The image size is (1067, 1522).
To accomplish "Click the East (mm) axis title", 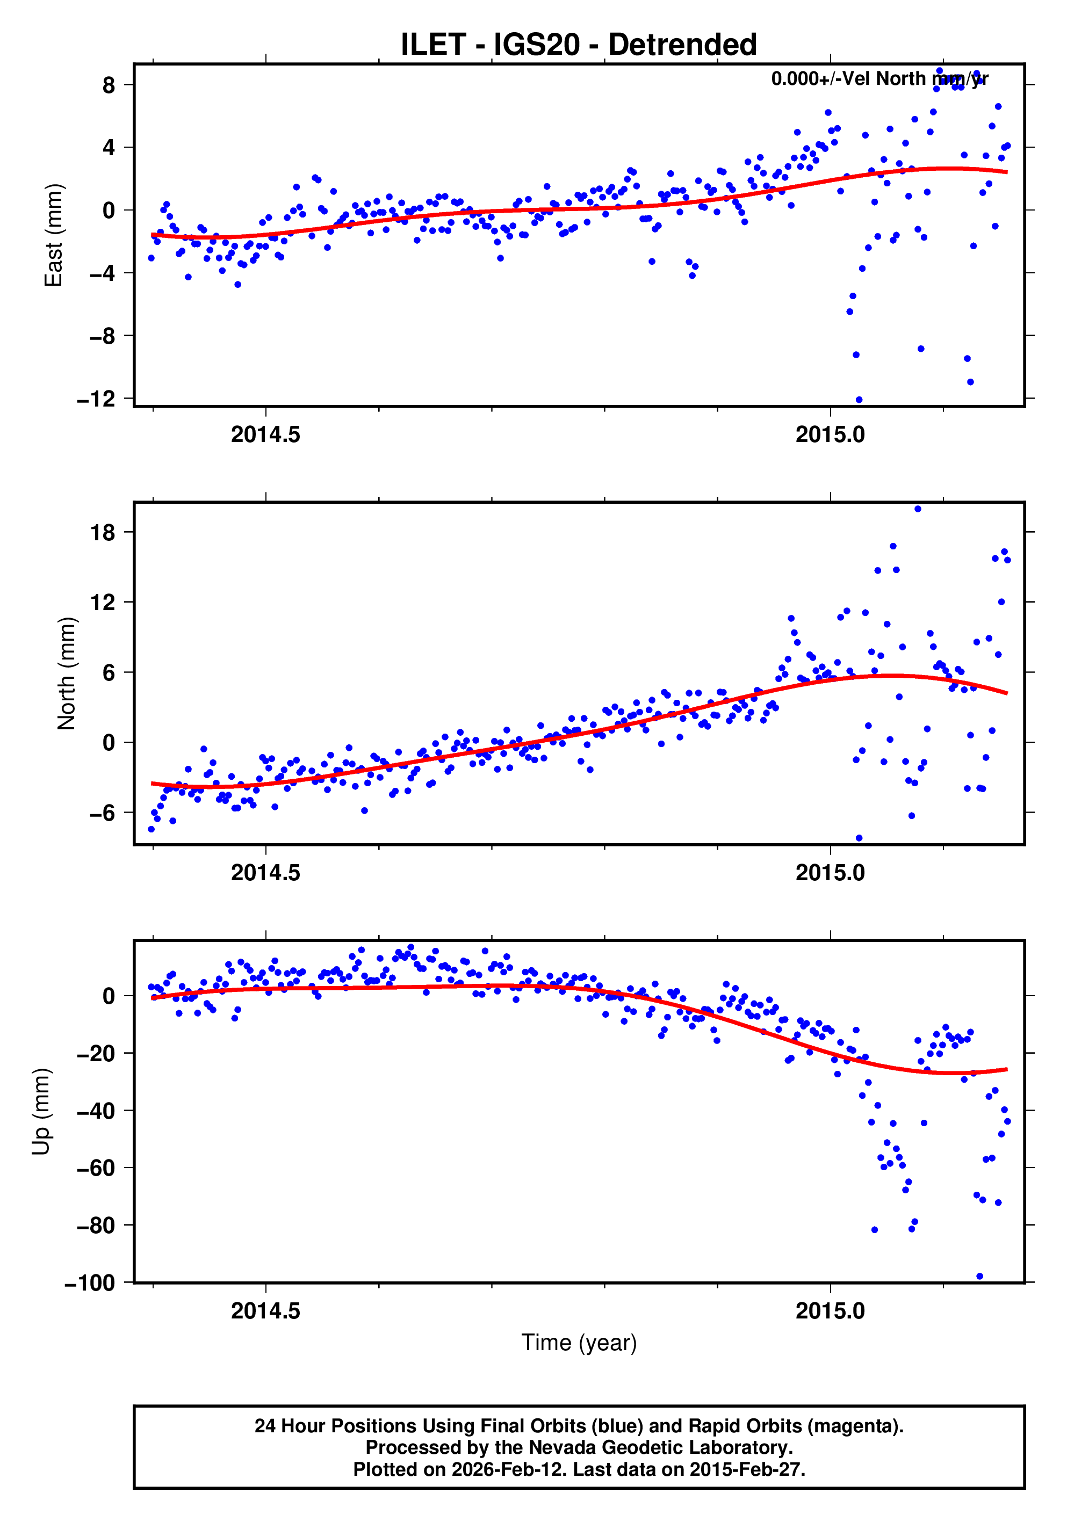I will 53,235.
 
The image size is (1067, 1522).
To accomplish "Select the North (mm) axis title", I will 66,673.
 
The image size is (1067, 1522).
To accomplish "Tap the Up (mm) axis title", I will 41,1112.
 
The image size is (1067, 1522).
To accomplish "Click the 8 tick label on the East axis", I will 108,85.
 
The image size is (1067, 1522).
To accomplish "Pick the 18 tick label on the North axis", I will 102,532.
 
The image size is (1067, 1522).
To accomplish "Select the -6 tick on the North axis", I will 102,813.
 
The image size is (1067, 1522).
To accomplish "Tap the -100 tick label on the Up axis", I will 90,1282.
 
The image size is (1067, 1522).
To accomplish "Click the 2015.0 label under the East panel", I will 830,435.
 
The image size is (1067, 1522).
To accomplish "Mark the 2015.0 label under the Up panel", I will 830,1311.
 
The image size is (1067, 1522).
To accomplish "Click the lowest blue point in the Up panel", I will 979,1276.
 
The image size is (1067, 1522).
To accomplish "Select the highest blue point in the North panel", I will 917,509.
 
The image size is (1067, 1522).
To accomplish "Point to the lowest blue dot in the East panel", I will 859,400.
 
